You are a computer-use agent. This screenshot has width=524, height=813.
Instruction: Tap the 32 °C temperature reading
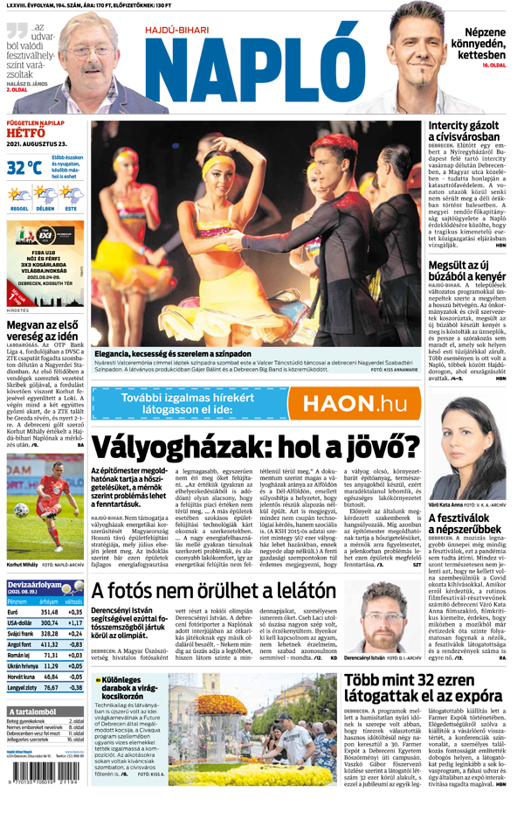point(24,167)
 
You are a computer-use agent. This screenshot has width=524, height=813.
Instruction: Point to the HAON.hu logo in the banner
point(348,404)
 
